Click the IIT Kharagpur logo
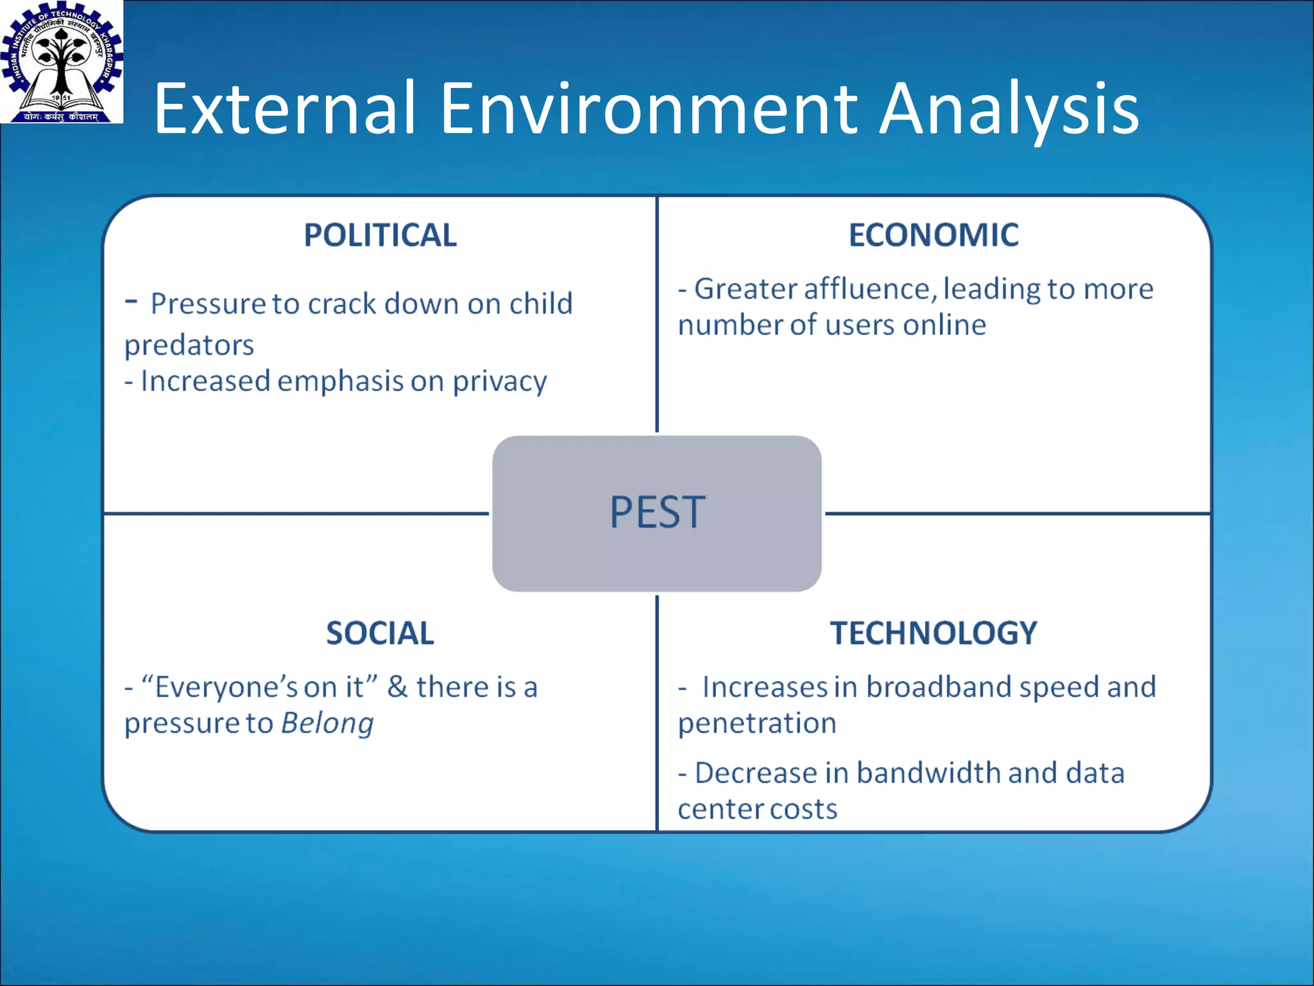tap(61, 62)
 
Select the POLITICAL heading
tap(380, 235)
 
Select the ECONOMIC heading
tap(934, 235)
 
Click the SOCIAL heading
tap(380, 633)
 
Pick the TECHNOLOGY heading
tap(934, 633)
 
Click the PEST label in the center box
tap(657, 513)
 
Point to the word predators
tap(189, 345)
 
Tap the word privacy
tap(500, 381)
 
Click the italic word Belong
tap(327, 723)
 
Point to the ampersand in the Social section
tap(397, 687)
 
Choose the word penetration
tap(757, 723)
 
